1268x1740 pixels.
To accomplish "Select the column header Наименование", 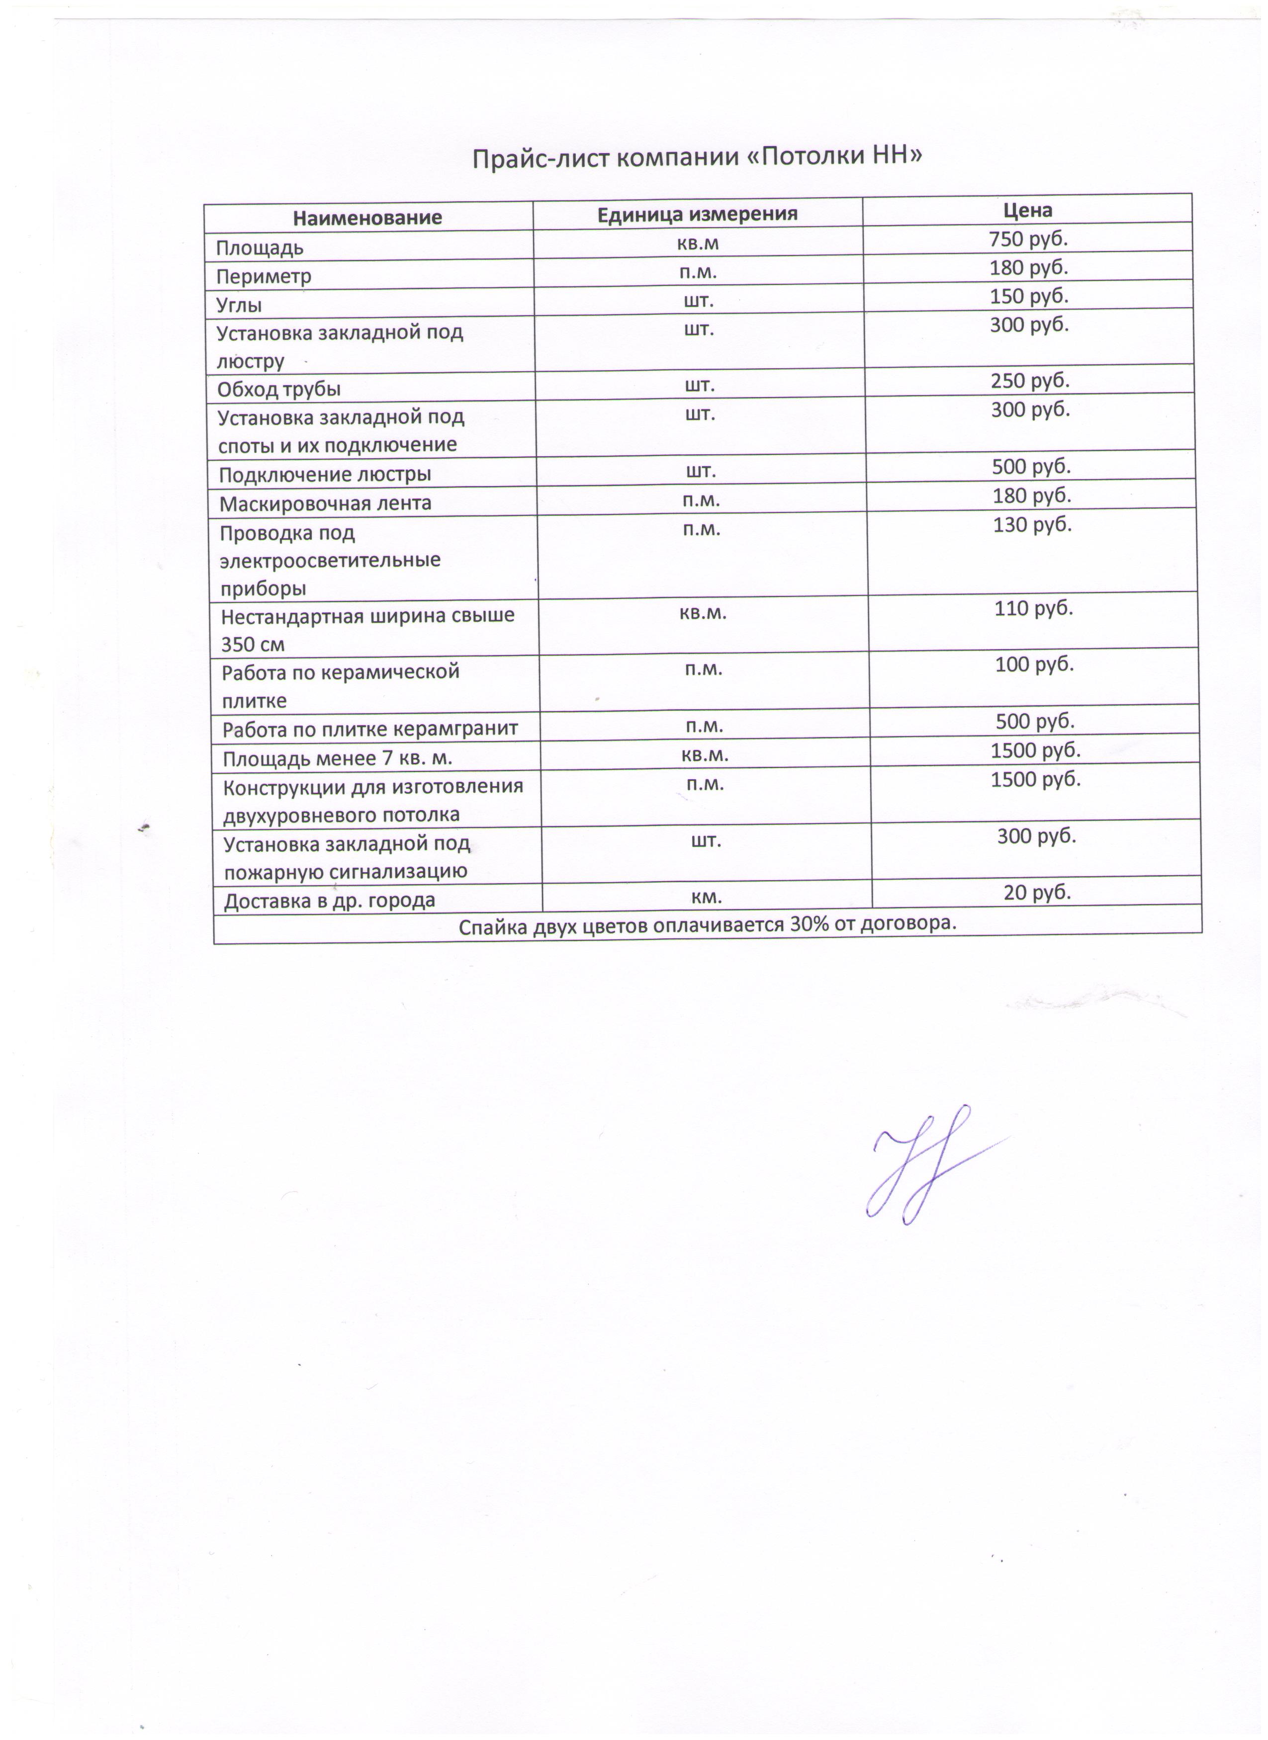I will [x=367, y=218].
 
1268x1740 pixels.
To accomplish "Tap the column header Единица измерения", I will [x=697, y=214].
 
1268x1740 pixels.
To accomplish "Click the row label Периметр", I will [x=263, y=276].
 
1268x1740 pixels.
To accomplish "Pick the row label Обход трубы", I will [x=278, y=390].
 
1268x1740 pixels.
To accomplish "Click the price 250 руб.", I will [x=1030, y=381].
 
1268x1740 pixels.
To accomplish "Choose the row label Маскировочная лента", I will [x=325, y=504].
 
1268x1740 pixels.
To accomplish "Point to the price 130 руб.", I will [x=1032, y=525].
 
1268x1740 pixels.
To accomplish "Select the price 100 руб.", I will [x=1034, y=664].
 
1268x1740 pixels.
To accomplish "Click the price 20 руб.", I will [x=1036, y=892].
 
